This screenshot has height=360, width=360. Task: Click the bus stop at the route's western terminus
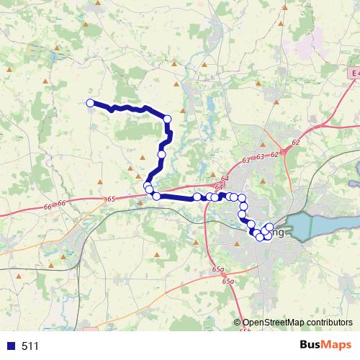click(90, 103)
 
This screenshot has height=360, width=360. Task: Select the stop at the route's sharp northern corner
click(168, 119)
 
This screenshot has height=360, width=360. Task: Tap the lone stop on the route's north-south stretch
click(162, 154)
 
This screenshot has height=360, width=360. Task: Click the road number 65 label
click(110, 199)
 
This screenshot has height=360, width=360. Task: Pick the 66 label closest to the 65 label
click(62, 204)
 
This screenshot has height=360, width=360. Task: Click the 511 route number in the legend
click(30, 346)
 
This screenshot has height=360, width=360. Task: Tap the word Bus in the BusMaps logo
click(312, 346)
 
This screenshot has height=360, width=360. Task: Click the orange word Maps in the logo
click(338, 346)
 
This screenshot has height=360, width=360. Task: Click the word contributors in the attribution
click(331, 323)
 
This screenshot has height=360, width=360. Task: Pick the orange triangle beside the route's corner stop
click(183, 110)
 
